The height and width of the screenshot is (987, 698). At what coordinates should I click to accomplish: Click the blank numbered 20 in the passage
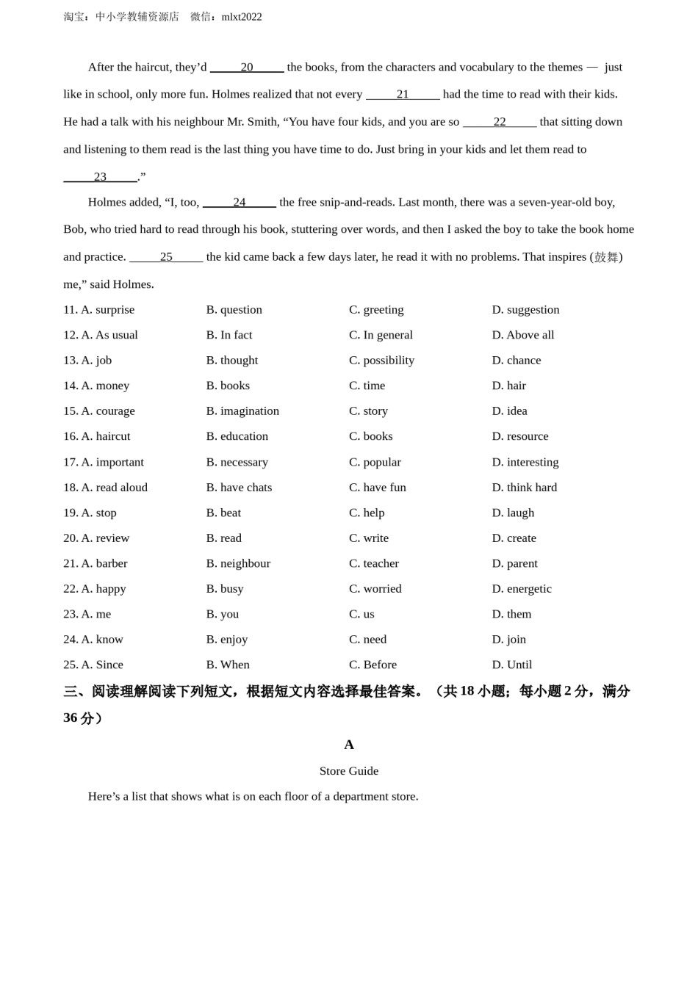tap(247, 68)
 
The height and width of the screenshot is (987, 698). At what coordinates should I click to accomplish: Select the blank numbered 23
tap(100, 177)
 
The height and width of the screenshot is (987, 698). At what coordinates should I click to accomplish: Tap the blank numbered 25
tap(166, 257)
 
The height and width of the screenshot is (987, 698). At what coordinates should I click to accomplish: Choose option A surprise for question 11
tap(107, 310)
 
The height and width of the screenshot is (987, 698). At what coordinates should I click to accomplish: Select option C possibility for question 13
tap(381, 361)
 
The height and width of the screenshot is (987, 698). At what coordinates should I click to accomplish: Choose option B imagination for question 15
tap(242, 411)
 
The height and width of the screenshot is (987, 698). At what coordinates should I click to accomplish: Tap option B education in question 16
tap(237, 436)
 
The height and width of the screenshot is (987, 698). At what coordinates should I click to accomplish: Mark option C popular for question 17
tap(375, 462)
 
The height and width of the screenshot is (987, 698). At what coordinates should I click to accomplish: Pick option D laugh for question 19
tap(513, 513)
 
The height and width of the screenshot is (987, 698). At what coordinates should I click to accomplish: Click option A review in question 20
tap(105, 538)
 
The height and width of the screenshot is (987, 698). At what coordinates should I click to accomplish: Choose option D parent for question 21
tap(514, 563)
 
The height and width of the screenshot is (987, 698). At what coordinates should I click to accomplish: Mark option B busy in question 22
tap(225, 589)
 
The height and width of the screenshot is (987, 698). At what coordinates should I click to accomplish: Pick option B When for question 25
tap(228, 665)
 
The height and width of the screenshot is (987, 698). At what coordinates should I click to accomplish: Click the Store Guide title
tap(349, 771)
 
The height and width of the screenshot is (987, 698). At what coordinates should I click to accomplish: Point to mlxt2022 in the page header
tap(242, 17)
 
